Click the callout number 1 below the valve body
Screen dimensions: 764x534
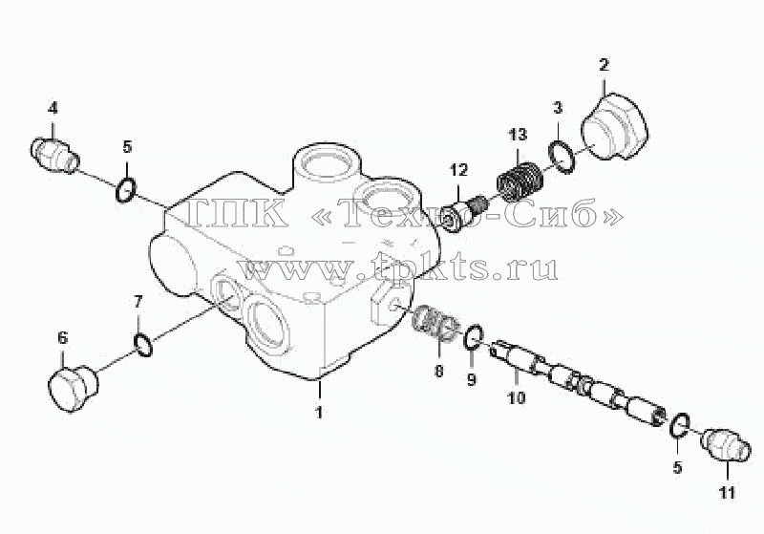tap(319, 413)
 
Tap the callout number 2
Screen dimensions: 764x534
tap(605, 65)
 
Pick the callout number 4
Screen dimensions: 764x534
tap(53, 108)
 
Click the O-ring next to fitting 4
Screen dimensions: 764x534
tap(126, 190)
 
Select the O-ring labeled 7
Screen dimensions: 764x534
tap(142, 345)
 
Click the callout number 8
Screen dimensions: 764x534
tap(438, 372)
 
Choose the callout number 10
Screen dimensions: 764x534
tap(517, 397)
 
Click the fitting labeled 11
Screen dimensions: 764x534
tap(725, 443)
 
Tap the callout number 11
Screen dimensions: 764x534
tap(727, 492)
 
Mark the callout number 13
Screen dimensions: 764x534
tap(517, 134)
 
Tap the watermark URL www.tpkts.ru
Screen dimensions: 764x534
tap(398, 267)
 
